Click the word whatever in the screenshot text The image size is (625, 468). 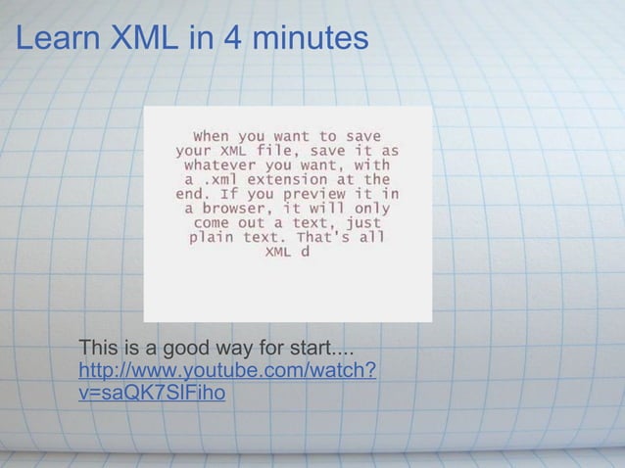219,165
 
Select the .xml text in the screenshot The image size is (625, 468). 223,180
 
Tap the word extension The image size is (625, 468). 291,180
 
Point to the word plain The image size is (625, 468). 212,237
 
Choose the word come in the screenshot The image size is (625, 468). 212,223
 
